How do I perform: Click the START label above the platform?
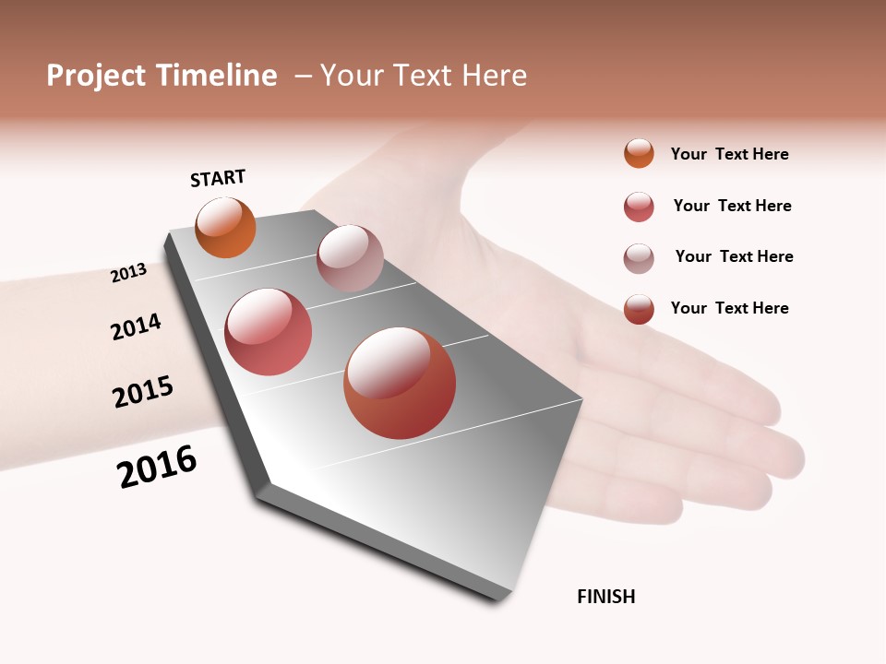pyautogui.click(x=218, y=178)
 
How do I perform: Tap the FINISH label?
pyautogui.click(x=605, y=597)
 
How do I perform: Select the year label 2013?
pyautogui.click(x=128, y=273)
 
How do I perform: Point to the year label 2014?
pyautogui.click(x=136, y=326)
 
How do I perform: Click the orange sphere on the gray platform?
pyautogui.click(x=226, y=228)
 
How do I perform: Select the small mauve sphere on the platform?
pyautogui.click(x=350, y=257)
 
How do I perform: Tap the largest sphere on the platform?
pyautogui.click(x=400, y=383)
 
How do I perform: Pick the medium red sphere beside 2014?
pyautogui.click(x=269, y=332)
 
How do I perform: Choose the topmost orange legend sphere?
pyautogui.click(x=639, y=153)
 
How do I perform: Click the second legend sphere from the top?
pyautogui.click(x=639, y=207)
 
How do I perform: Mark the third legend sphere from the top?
pyautogui.click(x=639, y=258)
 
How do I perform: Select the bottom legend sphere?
pyautogui.click(x=639, y=309)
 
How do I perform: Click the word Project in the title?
pyautogui.click(x=96, y=76)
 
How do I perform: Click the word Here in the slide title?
pyautogui.click(x=494, y=76)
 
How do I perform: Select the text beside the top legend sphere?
pyautogui.click(x=729, y=154)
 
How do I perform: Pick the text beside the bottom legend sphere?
pyautogui.click(x=729, y=308)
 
